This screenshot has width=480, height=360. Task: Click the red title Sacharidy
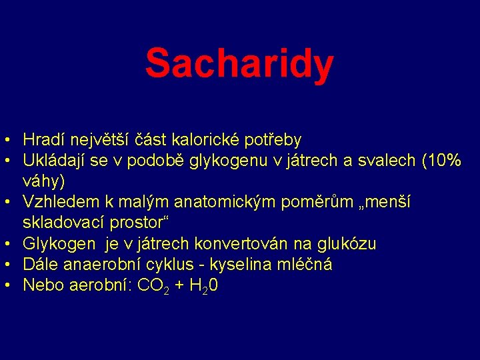(239, 64)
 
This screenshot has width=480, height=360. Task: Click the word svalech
(394, 161)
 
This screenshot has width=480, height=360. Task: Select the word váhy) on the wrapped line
(44, 181)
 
